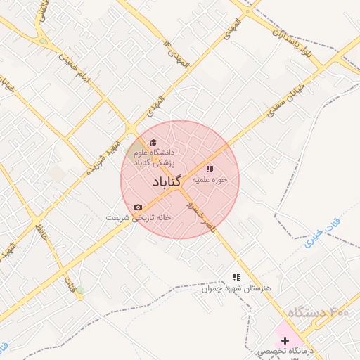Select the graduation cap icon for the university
[x=153, y=142]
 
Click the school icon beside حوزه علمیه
[x=209, y=169]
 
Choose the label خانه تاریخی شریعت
[x=138, y=217]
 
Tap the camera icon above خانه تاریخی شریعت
[x=138, y=207]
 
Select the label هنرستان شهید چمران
[x=236, y=288]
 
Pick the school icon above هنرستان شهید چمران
[x=236, y=278]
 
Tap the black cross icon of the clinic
[x=284, y=340]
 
